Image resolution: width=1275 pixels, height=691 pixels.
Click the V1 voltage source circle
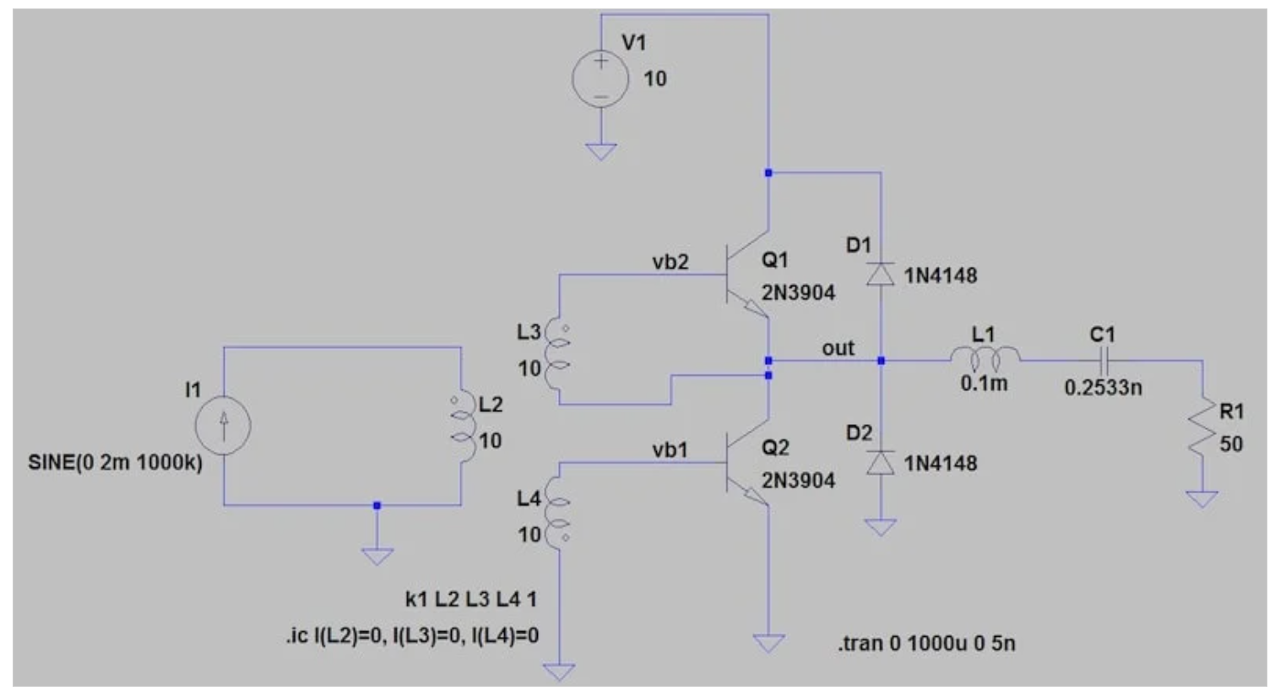[x=600, y=78]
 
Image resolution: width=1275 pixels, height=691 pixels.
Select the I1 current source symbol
[x=223, y=426]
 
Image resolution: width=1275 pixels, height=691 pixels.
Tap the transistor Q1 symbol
[x=747, y=274]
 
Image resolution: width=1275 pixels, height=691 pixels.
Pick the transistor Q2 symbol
[x=747, y=462]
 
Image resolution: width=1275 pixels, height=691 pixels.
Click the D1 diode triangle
[x=881, y=274]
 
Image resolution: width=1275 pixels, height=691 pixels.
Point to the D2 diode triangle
[x=881, y=462]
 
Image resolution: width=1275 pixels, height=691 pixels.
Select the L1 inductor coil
[x=985, y=357]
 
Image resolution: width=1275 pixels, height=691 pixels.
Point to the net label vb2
[x=670, y=262]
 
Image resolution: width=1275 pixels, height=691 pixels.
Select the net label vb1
[x=670, y=450]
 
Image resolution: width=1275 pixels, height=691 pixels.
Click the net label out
[x=838, y=348]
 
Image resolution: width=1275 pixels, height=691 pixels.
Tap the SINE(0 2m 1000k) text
[x=115, y=463]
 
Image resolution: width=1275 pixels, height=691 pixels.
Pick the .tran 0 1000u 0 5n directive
[x=926, y=644]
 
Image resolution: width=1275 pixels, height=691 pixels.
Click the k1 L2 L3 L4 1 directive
[x=470, y=599]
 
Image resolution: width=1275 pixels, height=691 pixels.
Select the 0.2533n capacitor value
[x=1103, y=388]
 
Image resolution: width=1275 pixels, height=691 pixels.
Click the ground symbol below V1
[x=600, y=152]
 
